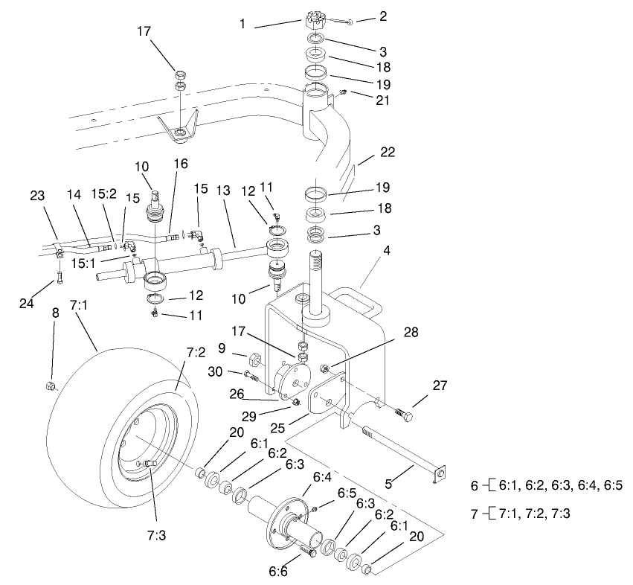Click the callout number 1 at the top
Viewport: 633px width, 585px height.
tap(242, 25)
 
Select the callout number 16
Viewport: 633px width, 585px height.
tap(181, 162)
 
